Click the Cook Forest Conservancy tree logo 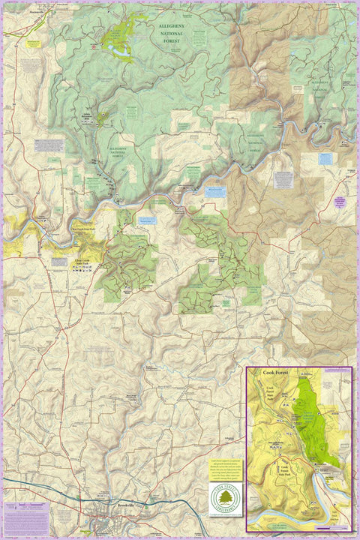224,500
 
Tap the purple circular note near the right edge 339,202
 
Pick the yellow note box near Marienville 33,43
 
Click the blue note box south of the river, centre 147,221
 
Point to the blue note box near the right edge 325,158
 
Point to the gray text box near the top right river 283,180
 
